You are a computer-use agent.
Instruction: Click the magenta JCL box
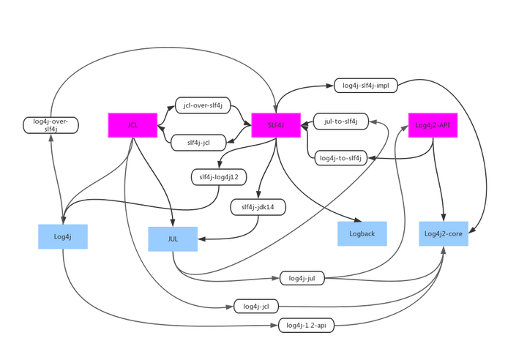(132, 125)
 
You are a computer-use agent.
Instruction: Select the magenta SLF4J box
(276, 125)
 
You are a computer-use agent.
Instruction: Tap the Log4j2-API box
(432, 125)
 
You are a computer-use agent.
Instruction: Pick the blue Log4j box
(62, 236)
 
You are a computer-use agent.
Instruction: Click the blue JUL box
(173, 239)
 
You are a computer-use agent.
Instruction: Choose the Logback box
(362, 233)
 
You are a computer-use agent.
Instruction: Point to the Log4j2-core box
(443, 233)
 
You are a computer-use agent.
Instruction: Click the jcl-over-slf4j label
(203, 106)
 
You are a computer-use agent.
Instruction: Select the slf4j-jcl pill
(199, 143)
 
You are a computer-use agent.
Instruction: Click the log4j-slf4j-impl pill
(365, 86)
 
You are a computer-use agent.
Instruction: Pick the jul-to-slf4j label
(340, 121)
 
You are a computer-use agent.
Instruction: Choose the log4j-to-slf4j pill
(342, 157)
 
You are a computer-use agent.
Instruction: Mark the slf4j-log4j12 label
(219, 176)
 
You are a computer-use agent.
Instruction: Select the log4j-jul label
(302, 278)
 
